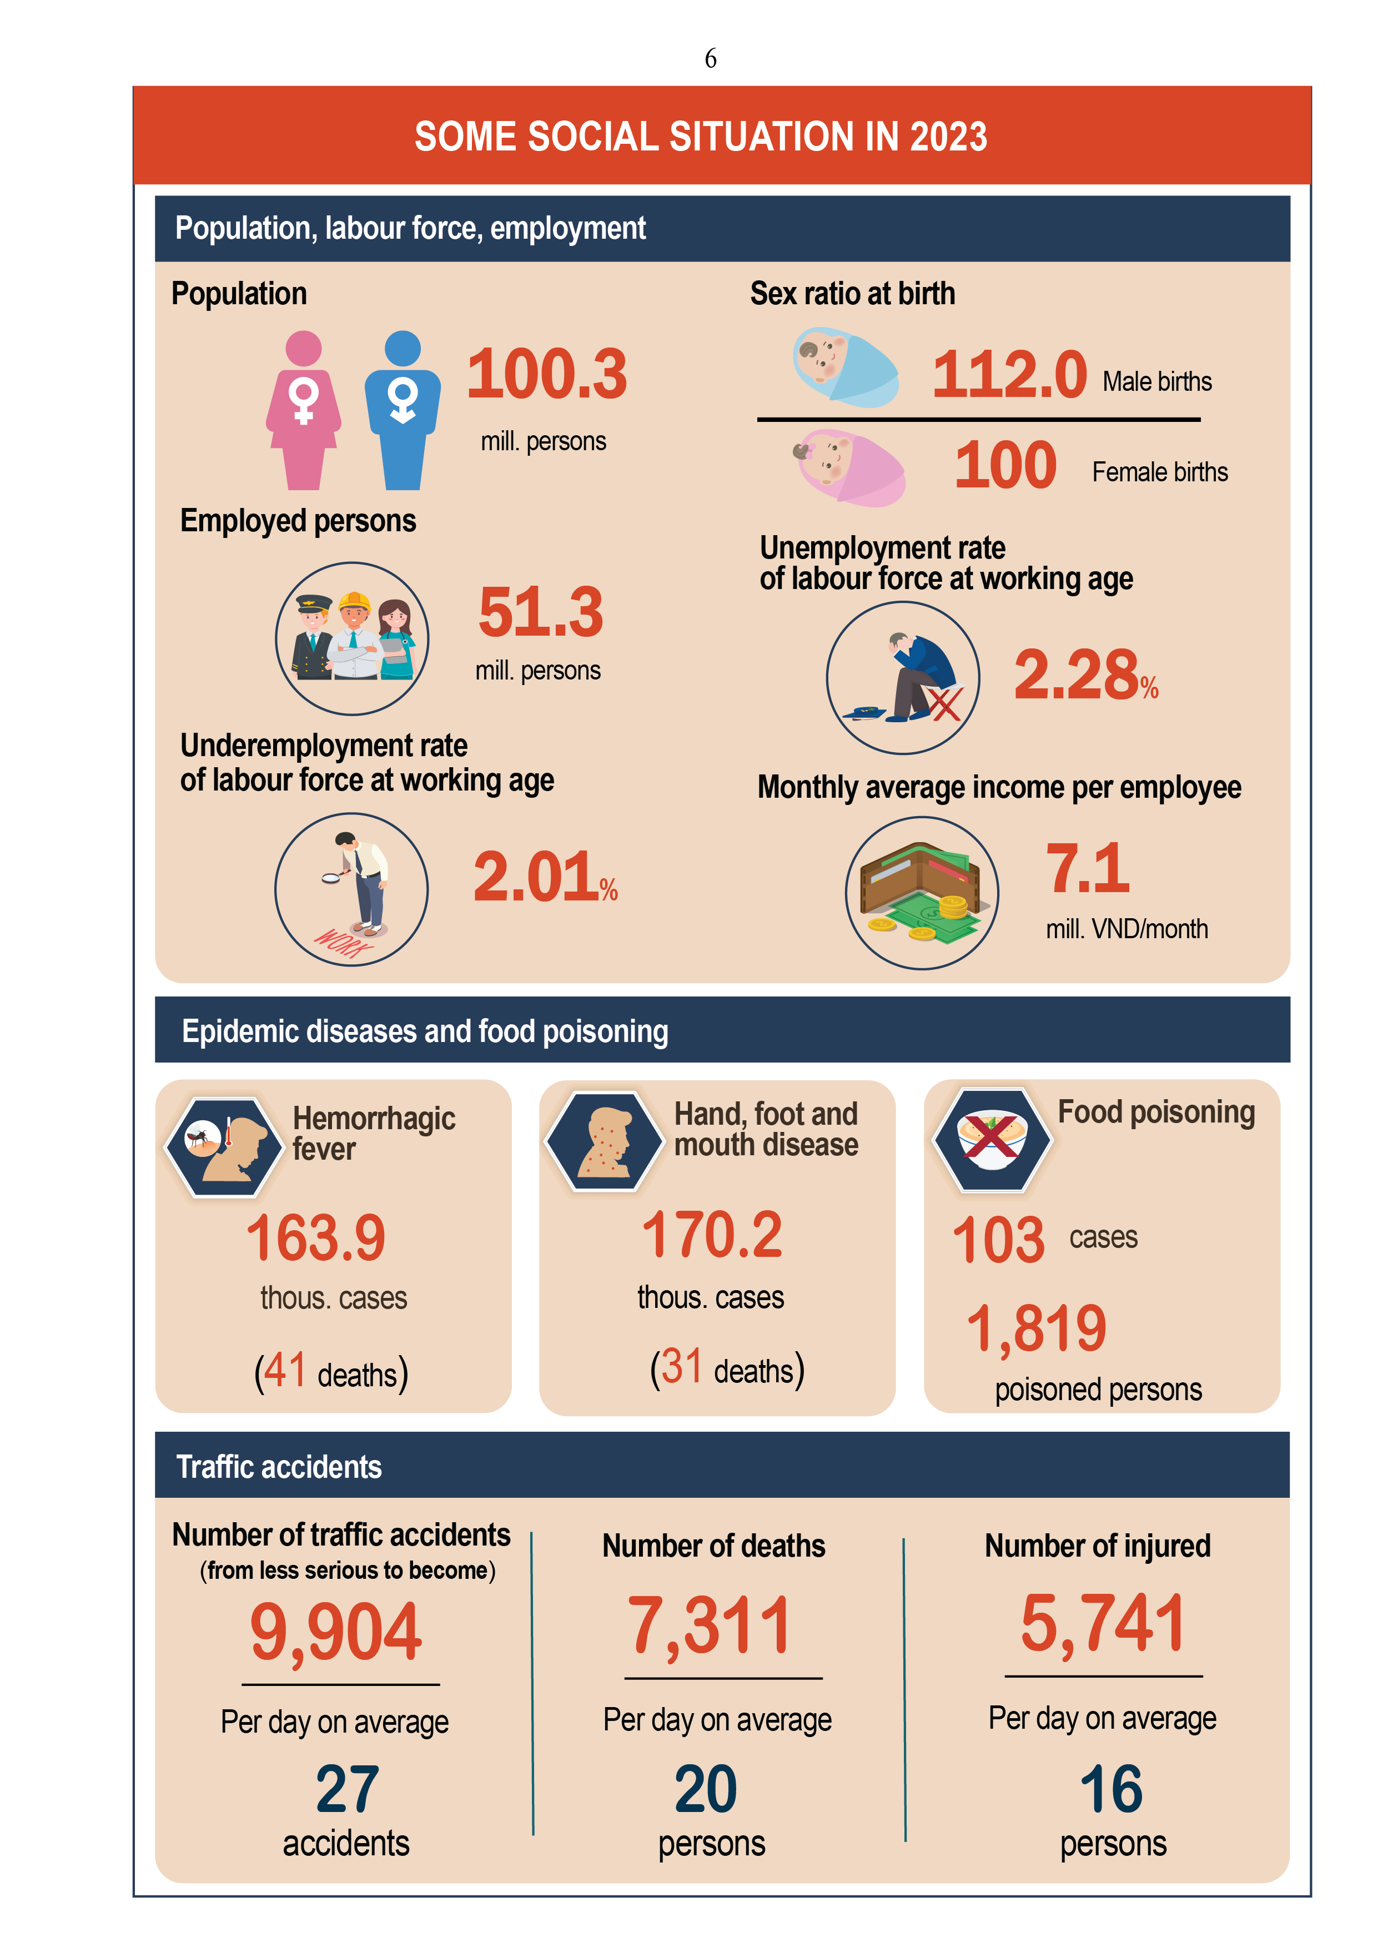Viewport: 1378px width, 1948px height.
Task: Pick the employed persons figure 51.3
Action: (541, 612)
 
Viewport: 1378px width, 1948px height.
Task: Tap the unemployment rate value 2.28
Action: (1076, 676)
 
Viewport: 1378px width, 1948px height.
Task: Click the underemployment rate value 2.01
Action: (535, 877)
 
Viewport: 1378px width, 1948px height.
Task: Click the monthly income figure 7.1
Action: (1087, 869)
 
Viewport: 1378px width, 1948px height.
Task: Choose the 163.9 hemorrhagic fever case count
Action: (316, 1238)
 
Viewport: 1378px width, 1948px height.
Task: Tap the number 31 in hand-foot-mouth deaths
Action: (681, 1367)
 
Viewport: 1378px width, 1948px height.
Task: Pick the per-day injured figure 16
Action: (1111, 1789)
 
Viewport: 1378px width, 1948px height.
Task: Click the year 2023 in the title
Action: (949, 137)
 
